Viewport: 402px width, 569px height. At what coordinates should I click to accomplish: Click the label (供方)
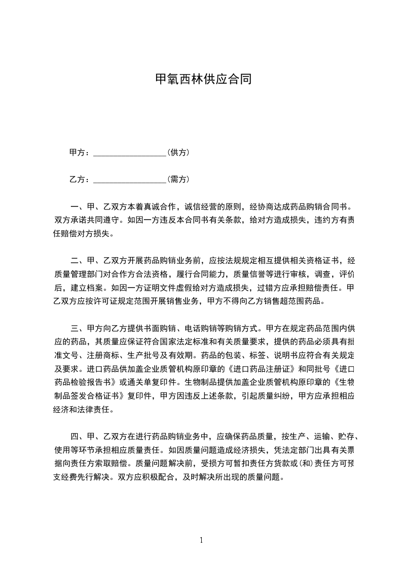pyautogui.click(x=178, y=152)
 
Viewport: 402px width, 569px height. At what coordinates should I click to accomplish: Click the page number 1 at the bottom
pyautogui.click(x=201, y=540)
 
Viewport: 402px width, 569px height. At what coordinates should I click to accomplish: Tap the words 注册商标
pyautogui.click(x=100, y=354)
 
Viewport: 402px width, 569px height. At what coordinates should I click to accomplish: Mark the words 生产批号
pyautogui.click(x=137, y=354)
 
